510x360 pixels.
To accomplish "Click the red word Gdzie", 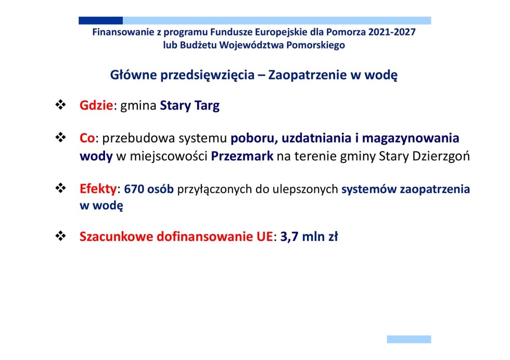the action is click(x=96, y=106).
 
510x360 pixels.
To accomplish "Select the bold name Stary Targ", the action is click(x=189, y=106).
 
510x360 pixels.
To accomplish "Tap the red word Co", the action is click(x=87, y=138).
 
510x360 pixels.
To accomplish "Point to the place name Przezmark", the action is click(x=242, y=156).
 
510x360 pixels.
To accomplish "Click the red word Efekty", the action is click(x=98, y=189).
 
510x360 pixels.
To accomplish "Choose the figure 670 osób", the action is click(x=149, y=189).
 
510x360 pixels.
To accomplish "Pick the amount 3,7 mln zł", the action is click(x=309, y=236).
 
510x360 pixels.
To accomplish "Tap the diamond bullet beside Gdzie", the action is click(x=60, y=105).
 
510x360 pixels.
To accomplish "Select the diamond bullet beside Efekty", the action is click(x=60, y=188).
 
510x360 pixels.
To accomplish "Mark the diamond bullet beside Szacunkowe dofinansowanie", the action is click(x=60, y=236).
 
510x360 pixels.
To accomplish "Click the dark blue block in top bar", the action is click(x=100, y=20).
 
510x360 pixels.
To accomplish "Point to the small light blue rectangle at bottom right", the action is click(x=409, y=339).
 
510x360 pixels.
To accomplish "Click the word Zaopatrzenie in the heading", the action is click(x=308, y=75).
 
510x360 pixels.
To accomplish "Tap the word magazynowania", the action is click(x=411, y=138).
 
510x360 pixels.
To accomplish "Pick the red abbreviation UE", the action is click(x=264, y=236).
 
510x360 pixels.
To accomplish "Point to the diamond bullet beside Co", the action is click(x=60, y=137).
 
